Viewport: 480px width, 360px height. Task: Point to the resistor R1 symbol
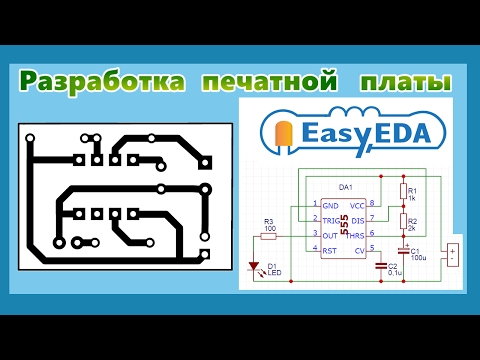(x=404, y=190)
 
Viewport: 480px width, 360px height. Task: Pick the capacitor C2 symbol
(x=383, y=266)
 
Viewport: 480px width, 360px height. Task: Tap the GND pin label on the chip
(x=330, y=204)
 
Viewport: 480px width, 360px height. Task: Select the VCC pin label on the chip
(x=357, y=204)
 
